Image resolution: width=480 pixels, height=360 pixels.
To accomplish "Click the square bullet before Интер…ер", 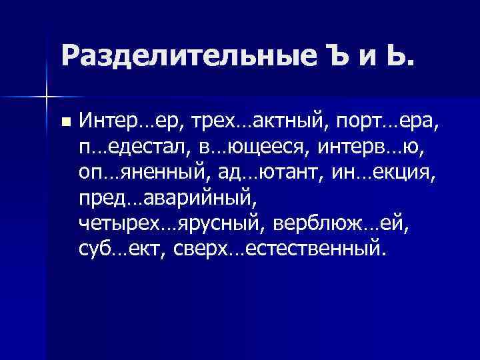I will click(x=64, y=122).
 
